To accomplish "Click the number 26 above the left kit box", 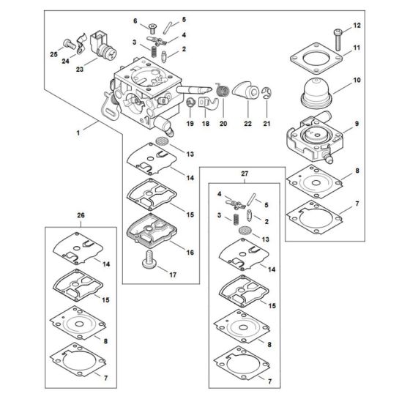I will pyautogui.click(x=81, y=215).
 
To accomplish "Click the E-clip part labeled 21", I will pyautogui.click(x=267, y=92).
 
